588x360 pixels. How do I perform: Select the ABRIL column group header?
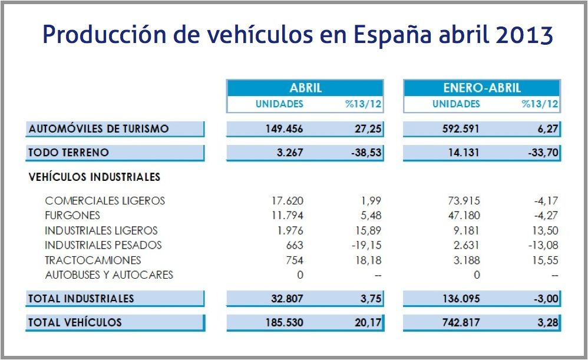pos(305,88)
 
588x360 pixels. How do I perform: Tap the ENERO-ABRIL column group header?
pos(482,88)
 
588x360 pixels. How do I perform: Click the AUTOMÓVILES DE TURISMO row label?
pos(98,128)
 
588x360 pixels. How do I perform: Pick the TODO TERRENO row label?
pos(68,153)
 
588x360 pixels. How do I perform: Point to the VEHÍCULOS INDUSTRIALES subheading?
pos(94,177)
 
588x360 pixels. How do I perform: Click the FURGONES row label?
pos(72,216)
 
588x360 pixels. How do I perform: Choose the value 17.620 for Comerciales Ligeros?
pos(288,201)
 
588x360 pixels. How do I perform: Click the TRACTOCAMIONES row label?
pos(93,260)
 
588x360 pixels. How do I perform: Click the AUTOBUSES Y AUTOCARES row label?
pos(109,275)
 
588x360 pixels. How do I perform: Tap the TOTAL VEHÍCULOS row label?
pos(75,322)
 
